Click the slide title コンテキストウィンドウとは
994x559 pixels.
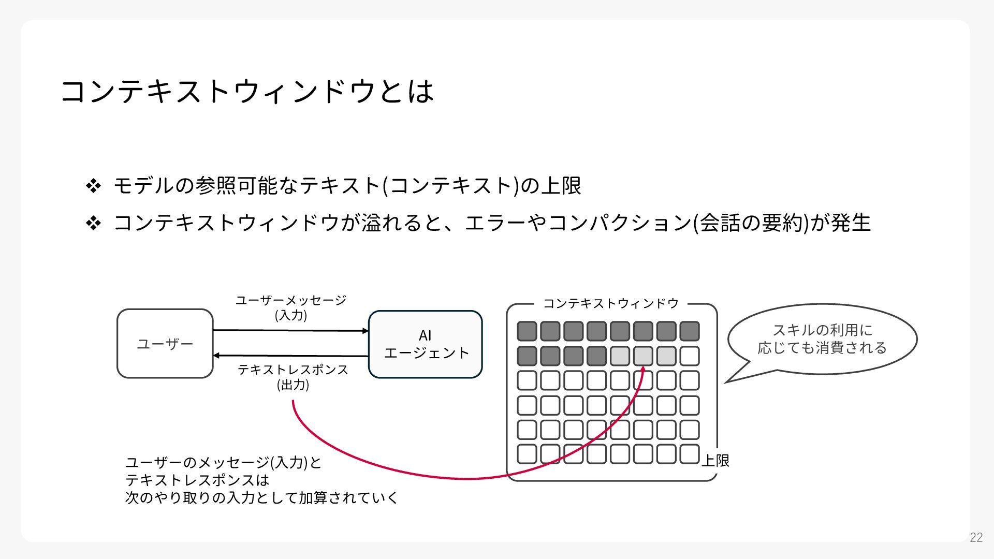tap(247, 91)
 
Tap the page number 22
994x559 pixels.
tap(976, 538)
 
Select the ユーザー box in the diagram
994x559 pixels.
tap(165, 344)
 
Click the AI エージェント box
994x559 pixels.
tap(426, 344)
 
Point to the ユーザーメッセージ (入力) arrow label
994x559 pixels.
tap(291, 307)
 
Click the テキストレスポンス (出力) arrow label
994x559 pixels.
tap(293, 377)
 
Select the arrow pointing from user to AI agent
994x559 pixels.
tap(290, 330)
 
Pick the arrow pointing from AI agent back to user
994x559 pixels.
tap(290, 356)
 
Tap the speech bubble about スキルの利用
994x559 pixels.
tap(822, 339)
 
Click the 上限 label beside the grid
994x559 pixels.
tap(715, 460)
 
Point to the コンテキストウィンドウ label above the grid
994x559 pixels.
tap(611, 303)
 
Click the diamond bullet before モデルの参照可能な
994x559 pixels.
tap(94, 186)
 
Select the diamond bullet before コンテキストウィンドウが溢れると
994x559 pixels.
tap(94, 223)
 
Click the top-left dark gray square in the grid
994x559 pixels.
tap(527, 331)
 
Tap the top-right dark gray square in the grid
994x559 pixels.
tap(690, 331)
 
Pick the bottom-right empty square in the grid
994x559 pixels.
tap(690, 454)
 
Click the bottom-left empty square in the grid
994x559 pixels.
tap(527, 454)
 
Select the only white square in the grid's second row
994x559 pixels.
tap(690, 356)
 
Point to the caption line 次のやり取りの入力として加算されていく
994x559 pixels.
tap(262, 497)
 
